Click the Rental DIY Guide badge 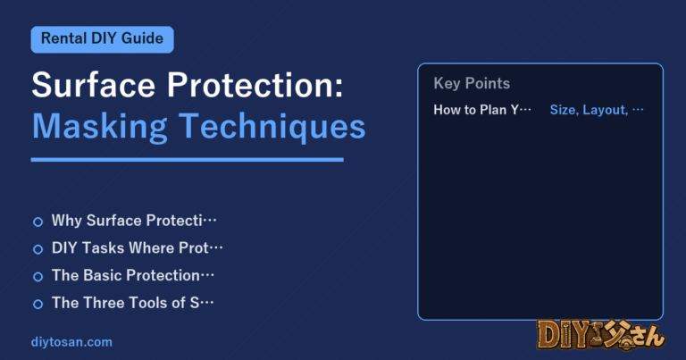(103, 39)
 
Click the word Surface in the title (94, 85)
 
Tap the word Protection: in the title (255, 85)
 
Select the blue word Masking (100, 127)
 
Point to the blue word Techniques (272, 126)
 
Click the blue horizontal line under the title (188, 160)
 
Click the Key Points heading (472, 83)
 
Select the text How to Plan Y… (482, 109)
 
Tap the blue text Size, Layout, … (597, 109)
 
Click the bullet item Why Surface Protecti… (134, 221)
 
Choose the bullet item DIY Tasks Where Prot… (137, 248)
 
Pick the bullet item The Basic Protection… (133, 275)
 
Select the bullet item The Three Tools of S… (132, 303)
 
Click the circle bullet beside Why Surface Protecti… (38, 222)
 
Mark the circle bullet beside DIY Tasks (38, 249)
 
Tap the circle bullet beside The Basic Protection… (38, 276)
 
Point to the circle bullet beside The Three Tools (38, 304)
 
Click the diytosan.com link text (71, 342)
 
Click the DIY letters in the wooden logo (562, 336)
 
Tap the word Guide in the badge (142, 38)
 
